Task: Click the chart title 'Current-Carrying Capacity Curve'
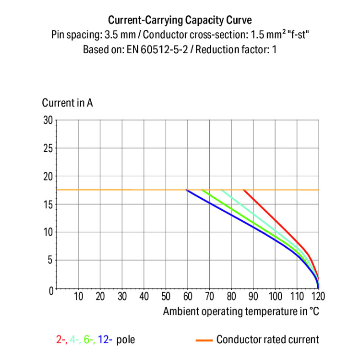[180, 20]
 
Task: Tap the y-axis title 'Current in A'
[67, 103]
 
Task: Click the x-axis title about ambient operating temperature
[241, 311]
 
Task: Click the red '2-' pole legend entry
[61, 340]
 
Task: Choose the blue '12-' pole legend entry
[105, 340]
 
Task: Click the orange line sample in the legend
[204, 340]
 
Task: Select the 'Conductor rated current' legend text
[267, 340]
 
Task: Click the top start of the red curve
[244, 190]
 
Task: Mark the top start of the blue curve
[187, 191]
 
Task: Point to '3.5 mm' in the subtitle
[126, 35]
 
